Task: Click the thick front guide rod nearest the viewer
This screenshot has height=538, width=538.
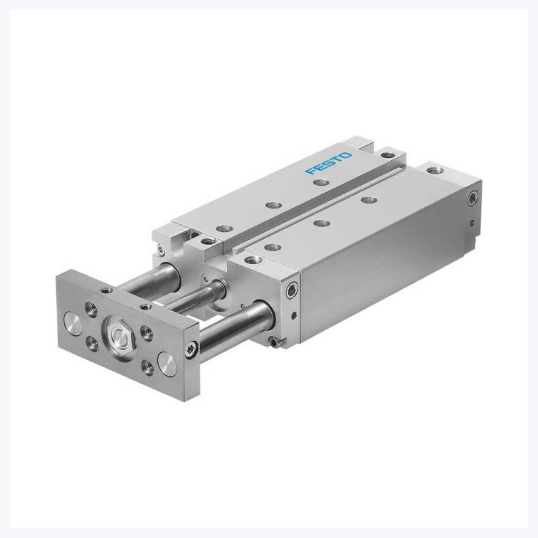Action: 228,324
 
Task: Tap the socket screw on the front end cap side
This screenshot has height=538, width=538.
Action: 290,290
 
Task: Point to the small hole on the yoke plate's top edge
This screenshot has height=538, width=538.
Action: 107,290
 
